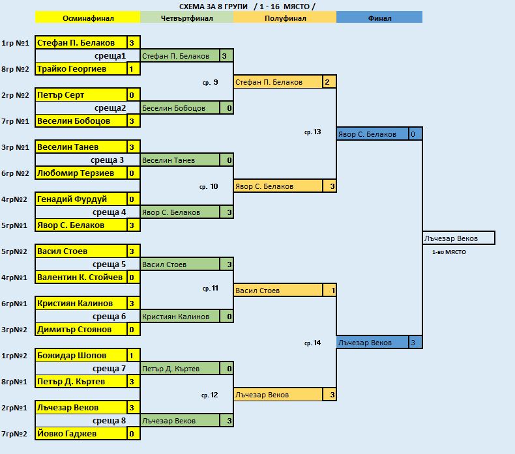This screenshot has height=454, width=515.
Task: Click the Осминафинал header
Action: (87, 18)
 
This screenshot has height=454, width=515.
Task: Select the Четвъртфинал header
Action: (186, 18)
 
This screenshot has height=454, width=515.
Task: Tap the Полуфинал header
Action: (284, 18)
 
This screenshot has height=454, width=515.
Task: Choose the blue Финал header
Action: (379, 18)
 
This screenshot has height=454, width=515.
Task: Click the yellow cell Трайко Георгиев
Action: (81, 69)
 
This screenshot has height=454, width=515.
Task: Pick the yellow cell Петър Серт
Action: (81, 95)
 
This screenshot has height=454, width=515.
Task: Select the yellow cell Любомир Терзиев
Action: (81, 173)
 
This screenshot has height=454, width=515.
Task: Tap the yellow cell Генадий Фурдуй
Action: (81, 199)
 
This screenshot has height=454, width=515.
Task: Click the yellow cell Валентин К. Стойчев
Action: (81, 277)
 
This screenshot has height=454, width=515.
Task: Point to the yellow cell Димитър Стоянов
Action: (81, 330)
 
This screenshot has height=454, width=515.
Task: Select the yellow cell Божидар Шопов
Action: (81, 356)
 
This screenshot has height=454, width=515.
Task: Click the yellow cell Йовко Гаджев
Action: (81, 434)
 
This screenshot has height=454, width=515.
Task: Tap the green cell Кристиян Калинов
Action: (181, 317)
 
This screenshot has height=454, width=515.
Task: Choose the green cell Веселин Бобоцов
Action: (181, 108)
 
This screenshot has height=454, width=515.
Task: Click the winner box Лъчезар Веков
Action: (458, 238)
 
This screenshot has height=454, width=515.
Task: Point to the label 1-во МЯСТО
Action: (449, 251)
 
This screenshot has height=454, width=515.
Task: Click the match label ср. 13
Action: (313, 132)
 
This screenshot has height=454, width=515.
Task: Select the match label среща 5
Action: (108, 264)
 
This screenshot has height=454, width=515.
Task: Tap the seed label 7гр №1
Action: (15, 121)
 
